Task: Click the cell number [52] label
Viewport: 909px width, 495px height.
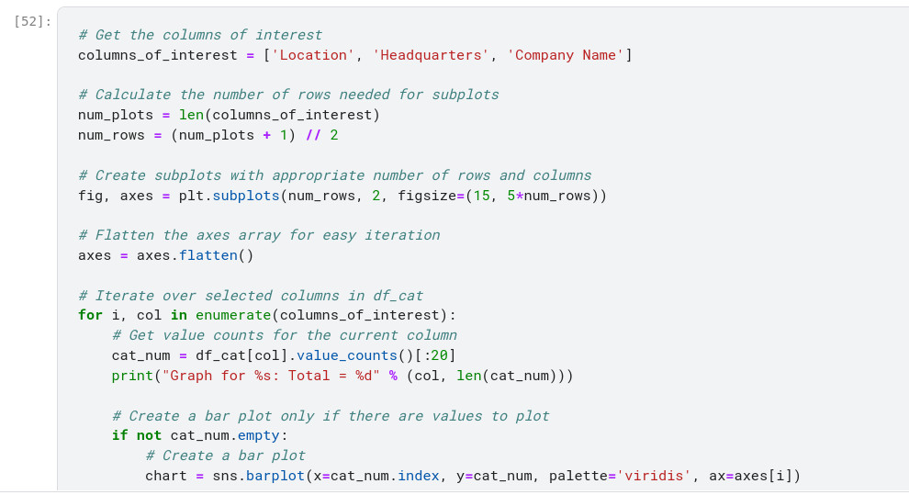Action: pos(33,20)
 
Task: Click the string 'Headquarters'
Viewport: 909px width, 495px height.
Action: pos(430,55)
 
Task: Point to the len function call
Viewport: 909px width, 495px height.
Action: pos(191,115)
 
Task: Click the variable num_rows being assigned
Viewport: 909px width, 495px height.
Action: pos(111,135)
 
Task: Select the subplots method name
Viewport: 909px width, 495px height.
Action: pos(245,196)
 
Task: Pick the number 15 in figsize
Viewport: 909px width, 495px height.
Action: pos(480,196)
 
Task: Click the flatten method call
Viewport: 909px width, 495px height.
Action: pos(208,255)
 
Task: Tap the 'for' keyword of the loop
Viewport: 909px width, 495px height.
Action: pos(90,315)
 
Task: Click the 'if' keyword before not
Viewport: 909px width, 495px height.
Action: pos(119,435)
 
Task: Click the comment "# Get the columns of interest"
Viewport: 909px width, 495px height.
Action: pos(200,35)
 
